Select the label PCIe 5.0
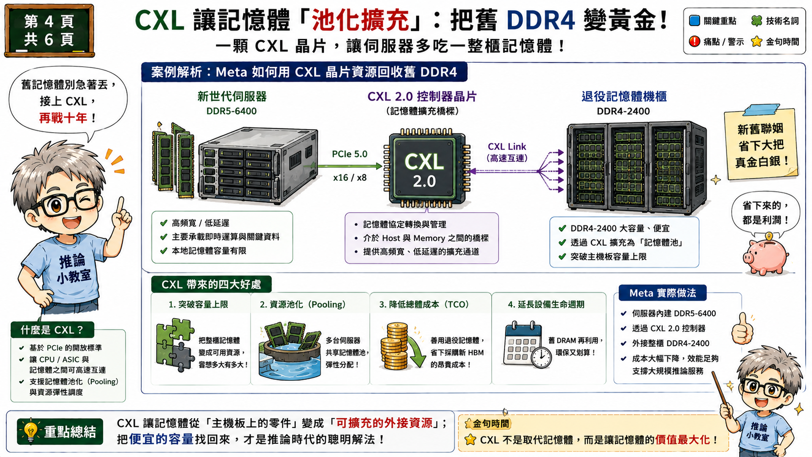pos(350,154)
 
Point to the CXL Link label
pos(507,146)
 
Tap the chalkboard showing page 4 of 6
pos(50,31)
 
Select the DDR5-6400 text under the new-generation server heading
pos(231,111)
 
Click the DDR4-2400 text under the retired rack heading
pos(623,111)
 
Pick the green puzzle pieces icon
pos(175,345)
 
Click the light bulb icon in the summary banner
pos(31,431)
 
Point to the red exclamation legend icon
pos(694,41)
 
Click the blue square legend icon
pos(694,20)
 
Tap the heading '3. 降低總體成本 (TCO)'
pos(424,305)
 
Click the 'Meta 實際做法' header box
pos(662,293)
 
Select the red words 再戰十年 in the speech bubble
pos(63,118)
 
